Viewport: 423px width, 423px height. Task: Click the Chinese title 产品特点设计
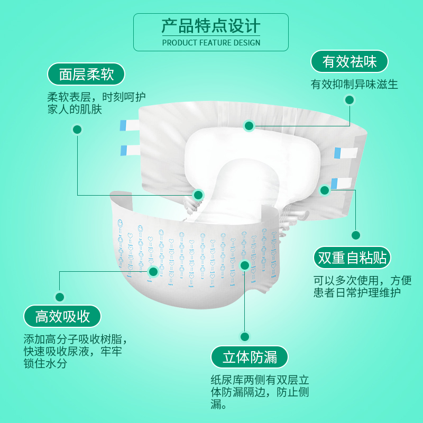click(x=211, y=26)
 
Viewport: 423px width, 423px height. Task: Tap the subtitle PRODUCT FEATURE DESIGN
click(x=211, y=42)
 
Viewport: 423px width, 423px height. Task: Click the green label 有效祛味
click(x=350, y=62)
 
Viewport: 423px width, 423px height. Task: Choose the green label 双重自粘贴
click(x=352, y=258)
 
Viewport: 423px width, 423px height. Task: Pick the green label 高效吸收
click(x=62, y=316)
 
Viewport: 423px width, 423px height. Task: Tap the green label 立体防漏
click(x=250, y=357)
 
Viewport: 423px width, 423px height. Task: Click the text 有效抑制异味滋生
click(x=354, y=84)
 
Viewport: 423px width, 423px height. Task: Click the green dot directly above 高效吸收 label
click(x=60, y=297)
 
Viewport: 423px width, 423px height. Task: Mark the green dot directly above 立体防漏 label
click(x=244, y=336)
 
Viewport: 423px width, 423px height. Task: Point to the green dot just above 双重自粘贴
click(x=356, y=235)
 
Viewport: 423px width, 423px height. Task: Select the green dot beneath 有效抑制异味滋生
click(x=349, y=99)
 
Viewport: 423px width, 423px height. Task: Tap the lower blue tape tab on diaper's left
click(x=130, y=150)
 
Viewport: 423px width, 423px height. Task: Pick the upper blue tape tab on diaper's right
click(x=345, y=153)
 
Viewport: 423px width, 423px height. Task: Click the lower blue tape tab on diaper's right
click(x=341, y=183)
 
